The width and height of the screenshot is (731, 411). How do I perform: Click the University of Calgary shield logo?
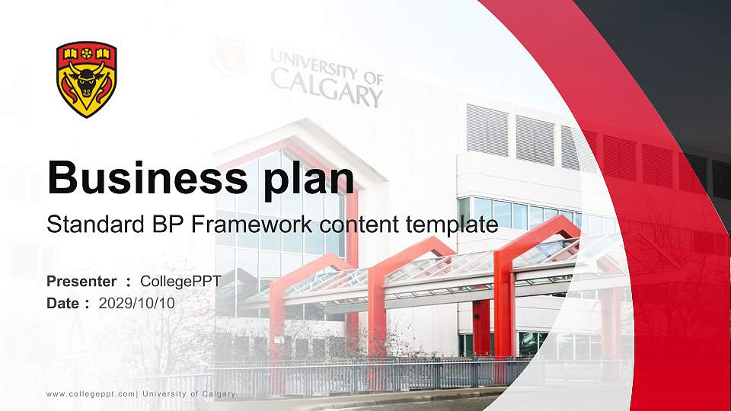click(86, 79)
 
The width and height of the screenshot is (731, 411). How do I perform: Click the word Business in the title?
click(140, 178)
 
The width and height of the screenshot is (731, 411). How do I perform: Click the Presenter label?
click(81, 282)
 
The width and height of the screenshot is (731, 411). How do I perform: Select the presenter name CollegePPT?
click(180, 282)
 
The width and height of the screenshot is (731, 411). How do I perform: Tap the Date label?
click(63, 303)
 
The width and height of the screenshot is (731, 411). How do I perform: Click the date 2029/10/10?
click(137, 303)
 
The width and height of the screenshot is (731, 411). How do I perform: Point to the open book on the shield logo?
click(71, 53)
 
